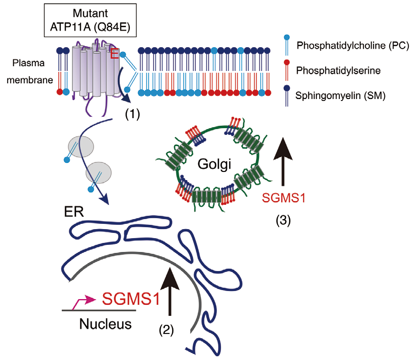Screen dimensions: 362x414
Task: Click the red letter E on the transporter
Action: (114, 54)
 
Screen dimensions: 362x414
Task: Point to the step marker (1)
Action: (133, 114)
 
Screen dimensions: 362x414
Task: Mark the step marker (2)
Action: (166, 330)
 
